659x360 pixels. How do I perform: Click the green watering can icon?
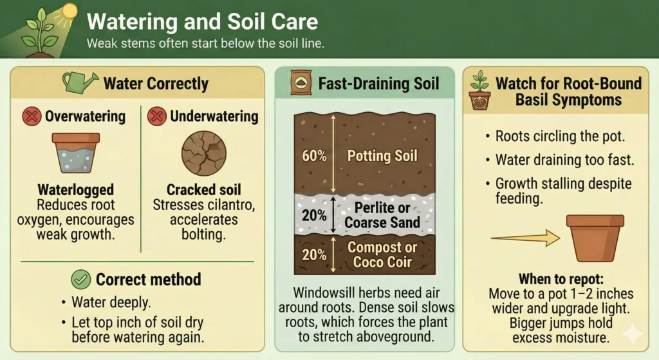[x=79, y=82]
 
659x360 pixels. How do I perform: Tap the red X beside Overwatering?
[x=31, y=117]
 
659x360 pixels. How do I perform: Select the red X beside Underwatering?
[x=156, y=117]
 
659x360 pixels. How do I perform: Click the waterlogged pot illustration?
[x=75, y=153]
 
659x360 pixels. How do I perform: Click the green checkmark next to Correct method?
[x=80, y=279]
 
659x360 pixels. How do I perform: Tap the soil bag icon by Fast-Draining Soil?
[x=299, y=83]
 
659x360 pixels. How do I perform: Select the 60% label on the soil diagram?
[x=314, y=155]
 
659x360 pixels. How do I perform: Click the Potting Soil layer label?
[x=382, y=155]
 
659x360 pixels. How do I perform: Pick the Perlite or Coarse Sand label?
[x=382, y=215]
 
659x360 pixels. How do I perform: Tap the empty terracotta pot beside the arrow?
[x=594, y=239]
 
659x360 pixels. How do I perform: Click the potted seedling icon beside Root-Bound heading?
[x=479, y=92]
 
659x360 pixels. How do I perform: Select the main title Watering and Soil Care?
[x=202, y=21]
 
